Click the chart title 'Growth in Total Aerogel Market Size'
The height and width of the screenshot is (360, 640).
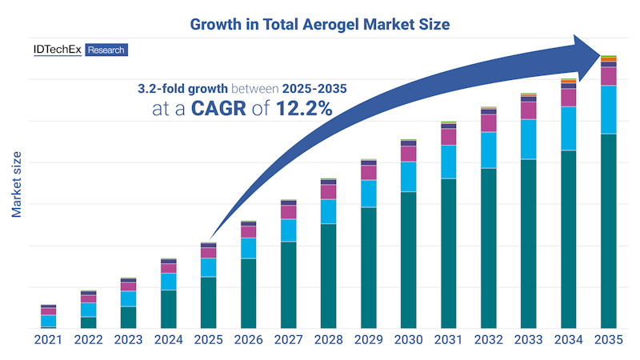[320, 24]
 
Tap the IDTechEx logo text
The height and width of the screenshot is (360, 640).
[57, 50]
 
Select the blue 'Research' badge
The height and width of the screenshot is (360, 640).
[106, 50]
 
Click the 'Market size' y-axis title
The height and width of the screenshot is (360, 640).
[16, 183]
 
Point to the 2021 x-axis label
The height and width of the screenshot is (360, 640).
[48, 339]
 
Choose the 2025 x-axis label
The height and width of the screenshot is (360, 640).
[208, 339]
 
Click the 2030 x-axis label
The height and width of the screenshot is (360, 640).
[408, 339]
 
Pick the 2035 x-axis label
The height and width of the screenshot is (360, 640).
[608, 339]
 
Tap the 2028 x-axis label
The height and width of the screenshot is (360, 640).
[328, 339]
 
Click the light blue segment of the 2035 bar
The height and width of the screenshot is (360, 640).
[608, 110]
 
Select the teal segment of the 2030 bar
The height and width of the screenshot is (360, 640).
[408, 260]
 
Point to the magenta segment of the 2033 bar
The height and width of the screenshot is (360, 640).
[528, 110]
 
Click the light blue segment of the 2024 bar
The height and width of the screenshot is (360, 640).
[168, 282]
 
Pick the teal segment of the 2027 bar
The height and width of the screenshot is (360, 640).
[288, 285]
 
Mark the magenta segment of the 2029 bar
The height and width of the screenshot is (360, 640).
[368, 172]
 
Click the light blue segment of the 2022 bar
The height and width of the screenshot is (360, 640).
[88, 310]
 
